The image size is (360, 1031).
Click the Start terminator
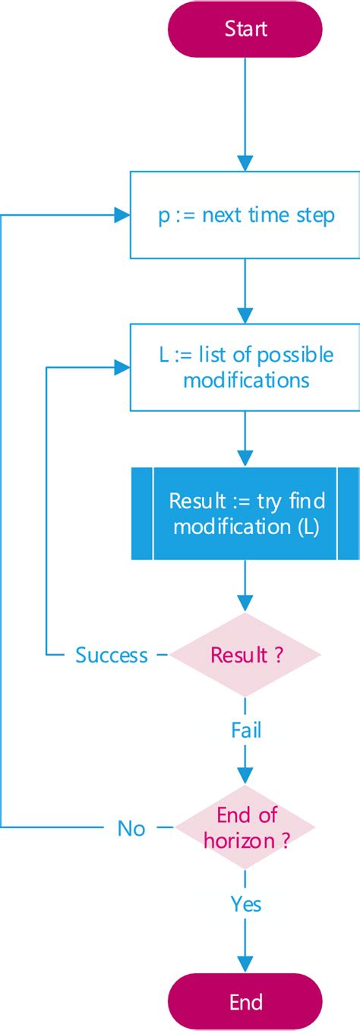[x=245, y=29]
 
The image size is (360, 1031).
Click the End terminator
[x=245, y=1001]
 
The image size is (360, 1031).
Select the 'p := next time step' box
[x=245, y=215]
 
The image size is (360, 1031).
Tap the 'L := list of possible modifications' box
[x=245, y=367]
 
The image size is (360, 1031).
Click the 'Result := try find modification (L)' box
[x=245, y=514]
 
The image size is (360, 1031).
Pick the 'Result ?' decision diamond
[x=245, y=655]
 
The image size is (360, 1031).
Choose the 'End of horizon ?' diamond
[x=245, y=827]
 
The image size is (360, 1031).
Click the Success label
[x=111, y=655]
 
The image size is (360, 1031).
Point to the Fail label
[x=245, y=730]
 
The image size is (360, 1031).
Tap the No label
[x=131, y=828]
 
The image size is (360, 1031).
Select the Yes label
[x=245, y=903]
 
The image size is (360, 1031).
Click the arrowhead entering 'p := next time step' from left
[x=122, y=215]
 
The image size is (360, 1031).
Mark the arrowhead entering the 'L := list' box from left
[x=122, y=368]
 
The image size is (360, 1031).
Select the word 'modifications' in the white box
[x=246, y=379]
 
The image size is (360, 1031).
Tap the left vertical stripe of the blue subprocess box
[x=142, y=514]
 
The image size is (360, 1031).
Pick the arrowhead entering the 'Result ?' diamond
[x=245, y=604]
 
